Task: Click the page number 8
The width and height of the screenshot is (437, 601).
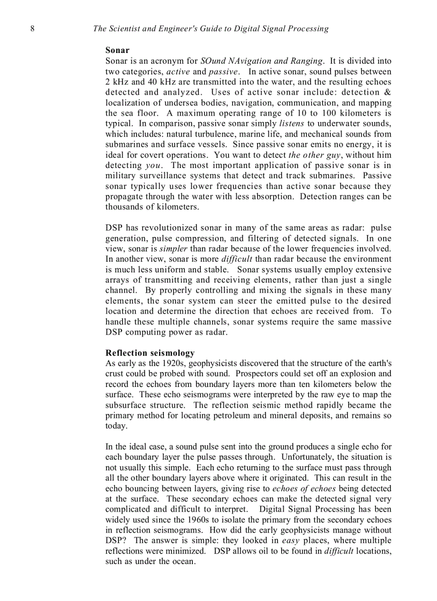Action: (32, 29)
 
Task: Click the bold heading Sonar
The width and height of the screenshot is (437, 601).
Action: (117, 50)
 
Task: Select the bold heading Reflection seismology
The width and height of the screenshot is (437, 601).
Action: (150, 353)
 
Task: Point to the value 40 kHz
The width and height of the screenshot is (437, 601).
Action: (166, 82)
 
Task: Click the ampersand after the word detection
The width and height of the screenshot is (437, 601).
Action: (388, 92)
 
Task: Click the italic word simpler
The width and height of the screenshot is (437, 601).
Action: (174, 249)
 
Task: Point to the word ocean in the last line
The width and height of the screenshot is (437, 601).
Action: (183, 561)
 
